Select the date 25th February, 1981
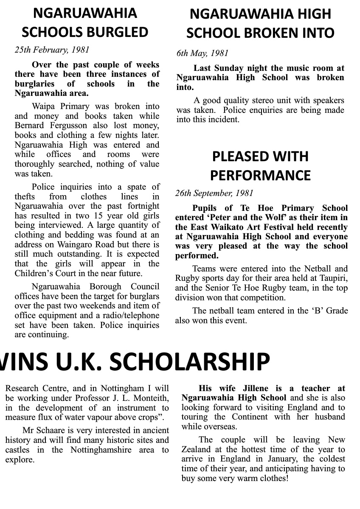[x=52, y=50]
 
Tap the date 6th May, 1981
[x=202, y=53]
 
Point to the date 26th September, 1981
[x=214, y=193]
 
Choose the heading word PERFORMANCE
[x=260, y=175]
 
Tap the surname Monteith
[x=150, y=398]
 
